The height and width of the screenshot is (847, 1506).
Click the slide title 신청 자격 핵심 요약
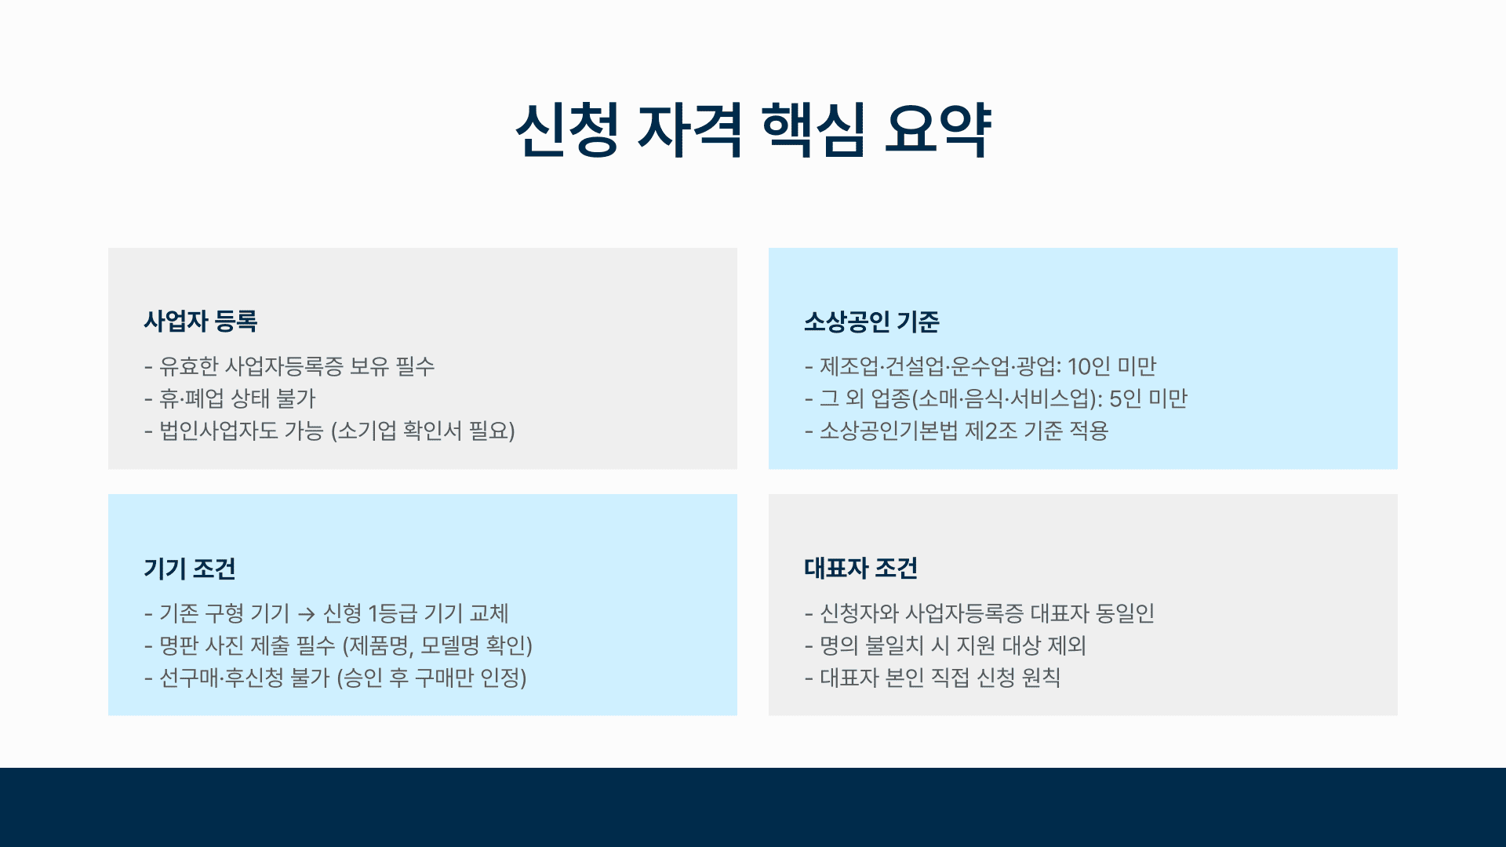coord(753,130)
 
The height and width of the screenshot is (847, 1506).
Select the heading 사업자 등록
coord(201,321)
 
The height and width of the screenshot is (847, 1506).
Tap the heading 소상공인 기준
coord(871,321)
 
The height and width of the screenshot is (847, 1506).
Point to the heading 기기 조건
coord(190,568)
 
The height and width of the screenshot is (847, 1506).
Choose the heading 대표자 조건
coord(861,568)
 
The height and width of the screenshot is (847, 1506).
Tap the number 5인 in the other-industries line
coord(1126,398)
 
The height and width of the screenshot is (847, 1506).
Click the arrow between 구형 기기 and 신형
coord(307,614)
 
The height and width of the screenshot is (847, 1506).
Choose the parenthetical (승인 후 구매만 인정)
coord(431,678)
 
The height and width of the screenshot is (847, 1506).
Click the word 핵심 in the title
coord(813,130)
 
